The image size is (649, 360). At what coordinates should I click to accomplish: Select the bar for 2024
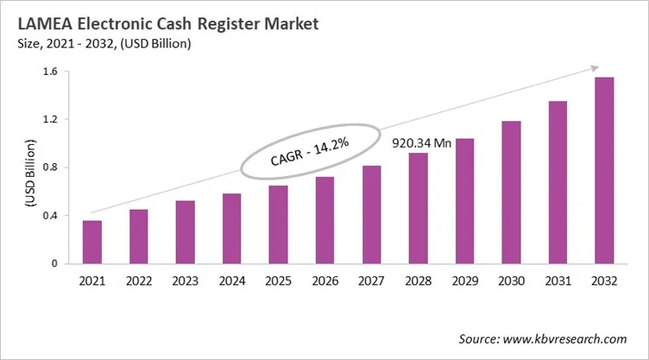(232, 229)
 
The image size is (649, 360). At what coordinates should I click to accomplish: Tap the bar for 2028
(418, 208)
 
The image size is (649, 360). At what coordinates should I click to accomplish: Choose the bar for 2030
(511, 193)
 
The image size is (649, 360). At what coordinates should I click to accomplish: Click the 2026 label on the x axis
(324, 281)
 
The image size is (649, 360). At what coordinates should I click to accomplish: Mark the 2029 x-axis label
(464, 281)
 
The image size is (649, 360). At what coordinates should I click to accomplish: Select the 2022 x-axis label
(138, 281)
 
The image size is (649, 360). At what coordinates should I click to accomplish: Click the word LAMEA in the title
(44, 24)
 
